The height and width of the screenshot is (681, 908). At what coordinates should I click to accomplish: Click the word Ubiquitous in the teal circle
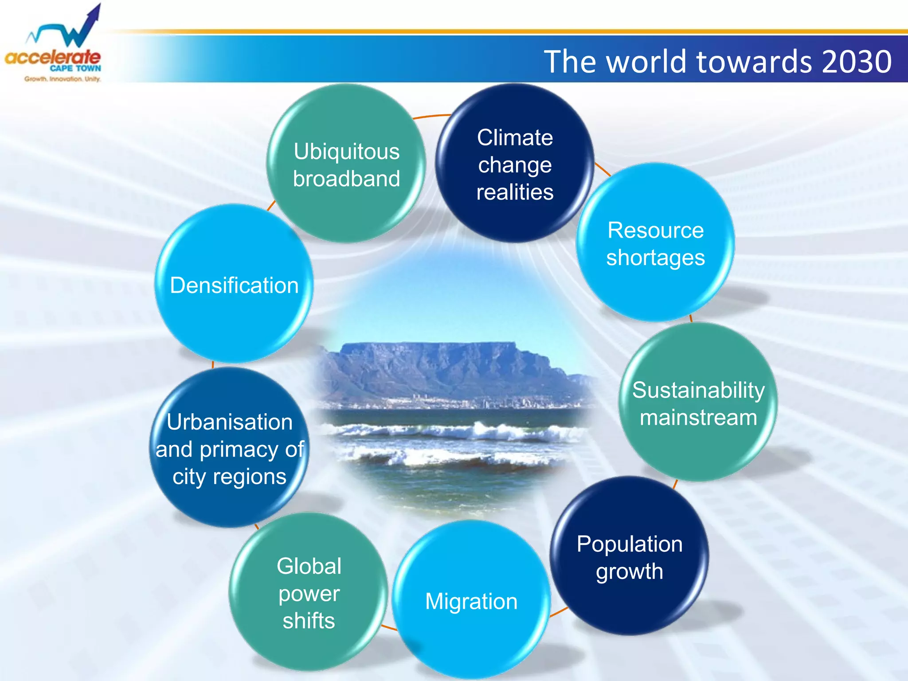tap(346, 152)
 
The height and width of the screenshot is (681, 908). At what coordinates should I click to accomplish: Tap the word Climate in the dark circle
tap(515, 137)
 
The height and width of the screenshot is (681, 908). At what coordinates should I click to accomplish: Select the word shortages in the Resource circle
tap(655, 258)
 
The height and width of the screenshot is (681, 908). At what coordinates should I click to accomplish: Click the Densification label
tap(234, 285)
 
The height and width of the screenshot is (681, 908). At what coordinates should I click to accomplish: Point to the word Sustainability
tap(698, 390)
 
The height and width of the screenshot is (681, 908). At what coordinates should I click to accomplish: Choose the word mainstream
tap(698, 418)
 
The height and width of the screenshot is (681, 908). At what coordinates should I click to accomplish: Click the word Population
tap(630, 544)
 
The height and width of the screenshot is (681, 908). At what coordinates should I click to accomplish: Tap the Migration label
tap(471, 602)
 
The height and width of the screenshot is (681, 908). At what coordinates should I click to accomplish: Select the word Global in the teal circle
tap(309, 566)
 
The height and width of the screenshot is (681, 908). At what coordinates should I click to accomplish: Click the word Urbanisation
tap(230, 422)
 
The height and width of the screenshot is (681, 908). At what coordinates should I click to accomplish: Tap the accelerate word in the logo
tap(52, 58)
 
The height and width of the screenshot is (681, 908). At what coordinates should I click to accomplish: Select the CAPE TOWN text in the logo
tap(75, 68)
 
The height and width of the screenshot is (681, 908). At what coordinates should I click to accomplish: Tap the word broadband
tap(346, 179)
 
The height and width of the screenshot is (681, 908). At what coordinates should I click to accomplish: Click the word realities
tap(515, 192)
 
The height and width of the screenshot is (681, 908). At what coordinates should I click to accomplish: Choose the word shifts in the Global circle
tap(309, 621)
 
